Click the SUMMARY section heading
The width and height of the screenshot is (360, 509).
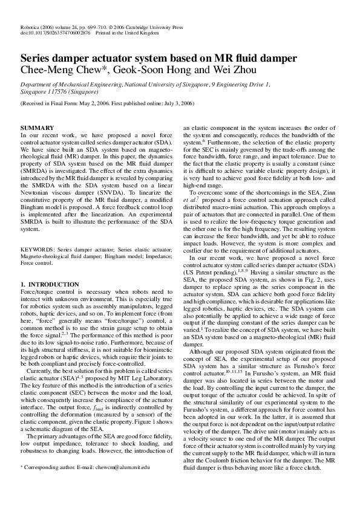(x=38, y=128)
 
